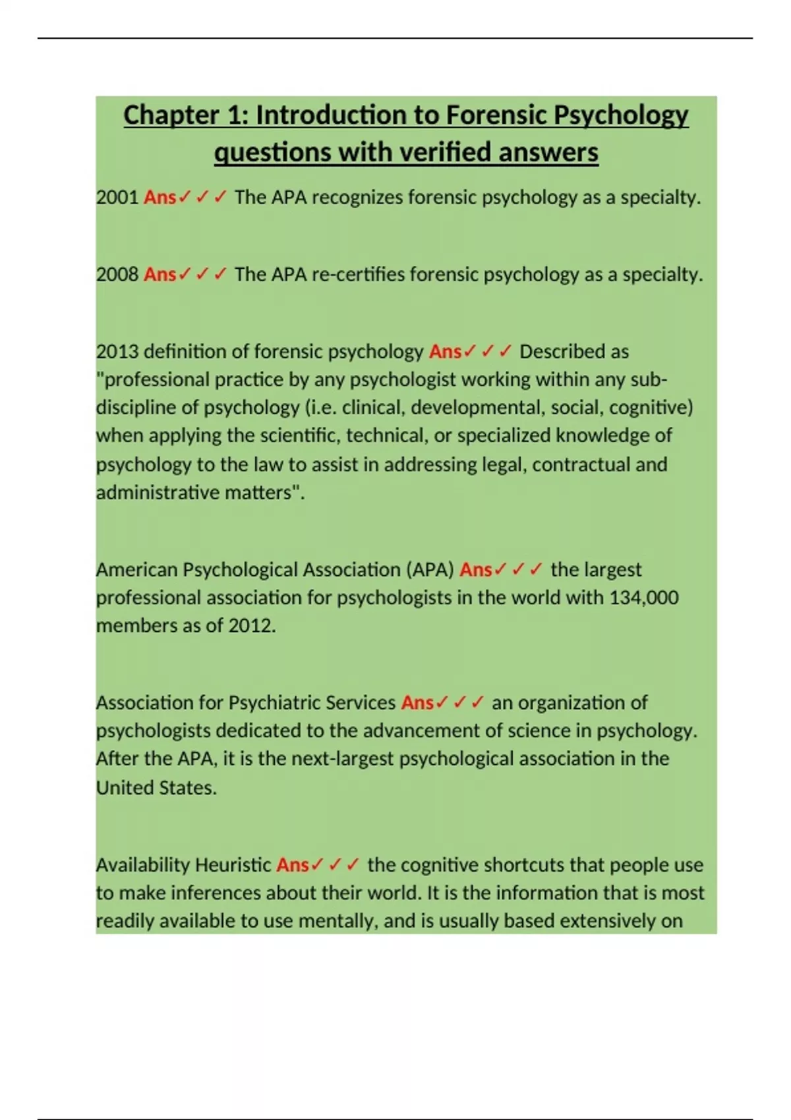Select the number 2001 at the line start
click(x=117, y=198)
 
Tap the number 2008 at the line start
click(x=117, y=274)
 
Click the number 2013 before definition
click(x=117, y=352)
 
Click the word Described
click(x=573, y=352)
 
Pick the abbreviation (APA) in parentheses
click(x=430, y=569)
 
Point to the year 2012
click(x=251, y=625)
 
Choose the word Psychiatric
click(x=278, y=703)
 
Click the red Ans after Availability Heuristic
click(x=293, y=865)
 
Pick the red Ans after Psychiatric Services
click(x=417, y=703)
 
